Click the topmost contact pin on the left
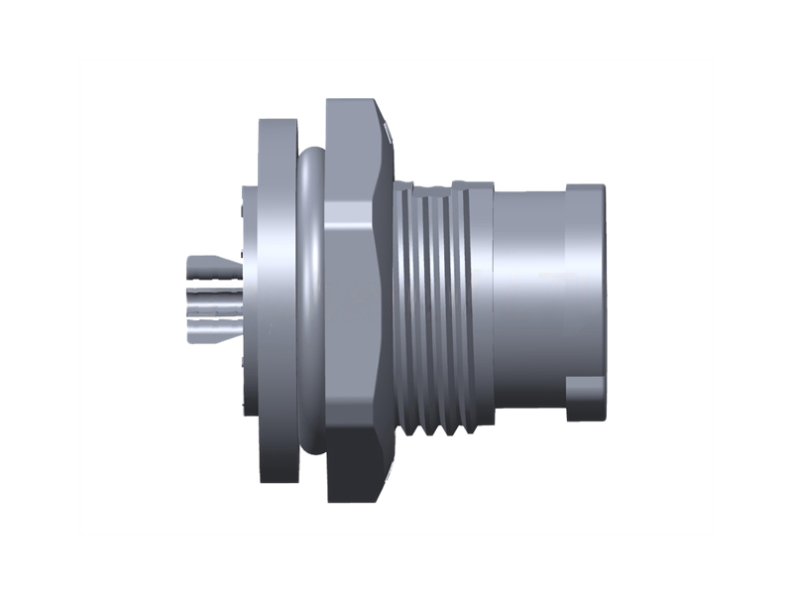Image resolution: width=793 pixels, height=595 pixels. (x=208, y=266)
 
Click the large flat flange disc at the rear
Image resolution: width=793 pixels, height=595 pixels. (x=278, y=297)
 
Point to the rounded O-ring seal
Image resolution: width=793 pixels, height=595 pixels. (x=309, y=297)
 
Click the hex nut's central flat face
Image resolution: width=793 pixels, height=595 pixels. (x=352, y=297)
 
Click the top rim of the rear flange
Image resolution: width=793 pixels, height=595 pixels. (x=278, y=124)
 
